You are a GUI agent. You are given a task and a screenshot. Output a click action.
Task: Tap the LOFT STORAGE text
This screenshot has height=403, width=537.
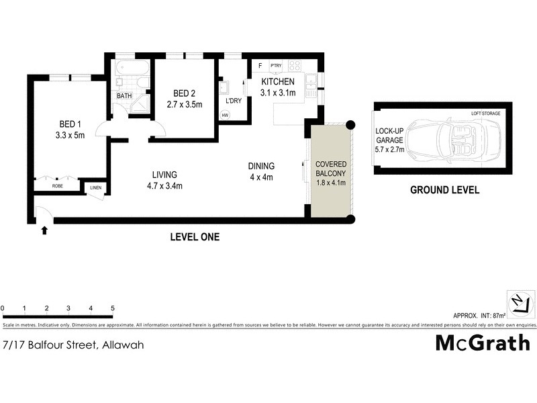[x=485, y=114]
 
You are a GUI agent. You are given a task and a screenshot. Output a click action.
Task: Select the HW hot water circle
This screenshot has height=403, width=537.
[x=224, y=115]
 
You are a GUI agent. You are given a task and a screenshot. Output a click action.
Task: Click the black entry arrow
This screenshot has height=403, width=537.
[x=45, y=230]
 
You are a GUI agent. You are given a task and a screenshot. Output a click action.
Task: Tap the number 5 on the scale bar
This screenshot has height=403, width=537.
[x=113, y=308]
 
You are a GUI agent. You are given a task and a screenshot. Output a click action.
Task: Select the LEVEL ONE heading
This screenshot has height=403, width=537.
[x=195, y=237]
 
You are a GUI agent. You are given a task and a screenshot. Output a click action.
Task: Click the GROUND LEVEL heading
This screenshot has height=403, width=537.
[x=444, y=190]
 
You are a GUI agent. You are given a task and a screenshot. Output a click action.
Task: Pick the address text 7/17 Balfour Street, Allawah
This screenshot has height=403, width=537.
[x=72, y=345]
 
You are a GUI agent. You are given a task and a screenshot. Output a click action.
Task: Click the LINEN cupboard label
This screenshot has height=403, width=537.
[x=95, y=187]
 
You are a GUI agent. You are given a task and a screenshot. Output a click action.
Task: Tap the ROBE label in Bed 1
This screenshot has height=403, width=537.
[x=58, y=185]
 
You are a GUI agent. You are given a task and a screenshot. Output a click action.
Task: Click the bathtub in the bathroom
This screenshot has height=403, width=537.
[x=131, y=69]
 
